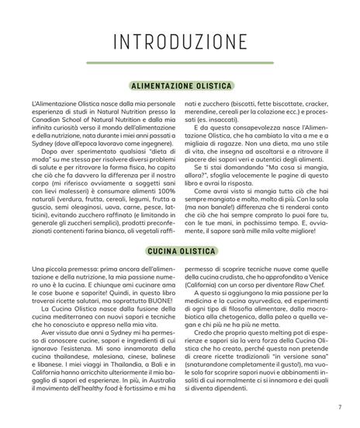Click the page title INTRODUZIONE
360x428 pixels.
(179, 41)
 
